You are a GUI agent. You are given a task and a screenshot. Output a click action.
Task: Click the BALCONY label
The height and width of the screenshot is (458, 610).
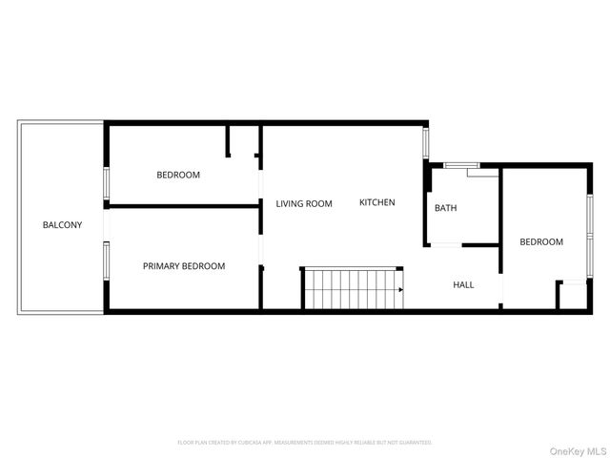coord(62,225)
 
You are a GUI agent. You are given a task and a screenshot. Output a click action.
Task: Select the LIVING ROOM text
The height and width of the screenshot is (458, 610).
coord(304,203)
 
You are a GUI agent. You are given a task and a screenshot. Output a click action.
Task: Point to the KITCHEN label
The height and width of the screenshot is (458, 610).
coord(376,202)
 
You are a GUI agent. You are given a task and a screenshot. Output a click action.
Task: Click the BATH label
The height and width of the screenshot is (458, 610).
coord(445,208)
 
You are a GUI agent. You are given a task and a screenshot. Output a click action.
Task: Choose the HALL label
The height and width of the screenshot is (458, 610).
coord(463,284)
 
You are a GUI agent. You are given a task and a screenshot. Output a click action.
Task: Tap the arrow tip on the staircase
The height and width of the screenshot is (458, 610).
coord(401,289)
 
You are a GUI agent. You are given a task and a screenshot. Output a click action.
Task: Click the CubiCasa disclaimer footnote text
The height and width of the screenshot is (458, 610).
coord(305,443)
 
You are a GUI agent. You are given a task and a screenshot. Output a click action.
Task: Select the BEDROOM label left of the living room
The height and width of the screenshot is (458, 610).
coord(178,175)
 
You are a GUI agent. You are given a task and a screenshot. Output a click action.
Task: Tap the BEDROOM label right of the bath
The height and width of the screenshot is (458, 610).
coord(541,242)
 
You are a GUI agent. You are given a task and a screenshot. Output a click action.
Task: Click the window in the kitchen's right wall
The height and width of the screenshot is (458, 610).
coord(427,142)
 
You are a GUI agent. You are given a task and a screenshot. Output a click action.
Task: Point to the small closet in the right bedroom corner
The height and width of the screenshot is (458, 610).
coord(575,295)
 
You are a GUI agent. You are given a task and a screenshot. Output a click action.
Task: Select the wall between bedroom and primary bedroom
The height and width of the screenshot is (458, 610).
coord(181,204)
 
